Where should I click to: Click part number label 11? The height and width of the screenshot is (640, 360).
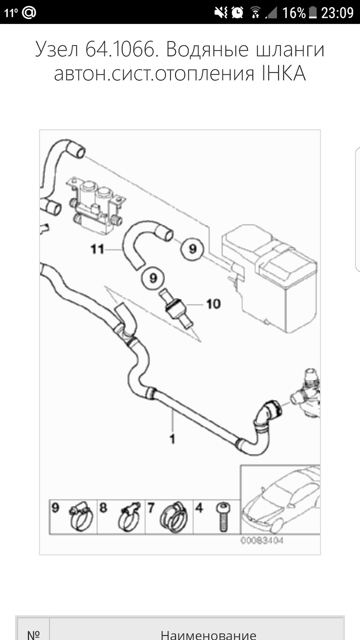[97, 249]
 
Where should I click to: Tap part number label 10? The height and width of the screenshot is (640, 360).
[213, 304]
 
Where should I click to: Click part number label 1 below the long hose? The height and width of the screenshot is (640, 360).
[172, 439]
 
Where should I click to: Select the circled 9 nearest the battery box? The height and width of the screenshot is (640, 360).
[192, 249]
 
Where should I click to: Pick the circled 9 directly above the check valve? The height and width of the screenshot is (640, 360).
[153, 278]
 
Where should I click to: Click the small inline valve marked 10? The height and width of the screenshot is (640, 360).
[175, 307]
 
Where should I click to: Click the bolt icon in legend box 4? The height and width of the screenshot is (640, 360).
[223, 517]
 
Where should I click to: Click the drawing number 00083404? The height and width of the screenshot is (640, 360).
[262, 541]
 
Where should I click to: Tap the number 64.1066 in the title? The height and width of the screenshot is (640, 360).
[120, 49]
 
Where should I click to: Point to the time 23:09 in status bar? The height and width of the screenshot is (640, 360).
[337, 13]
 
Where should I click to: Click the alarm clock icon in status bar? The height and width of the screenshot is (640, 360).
[237, 13]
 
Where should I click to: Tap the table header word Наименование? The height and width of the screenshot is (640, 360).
[208, 634]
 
